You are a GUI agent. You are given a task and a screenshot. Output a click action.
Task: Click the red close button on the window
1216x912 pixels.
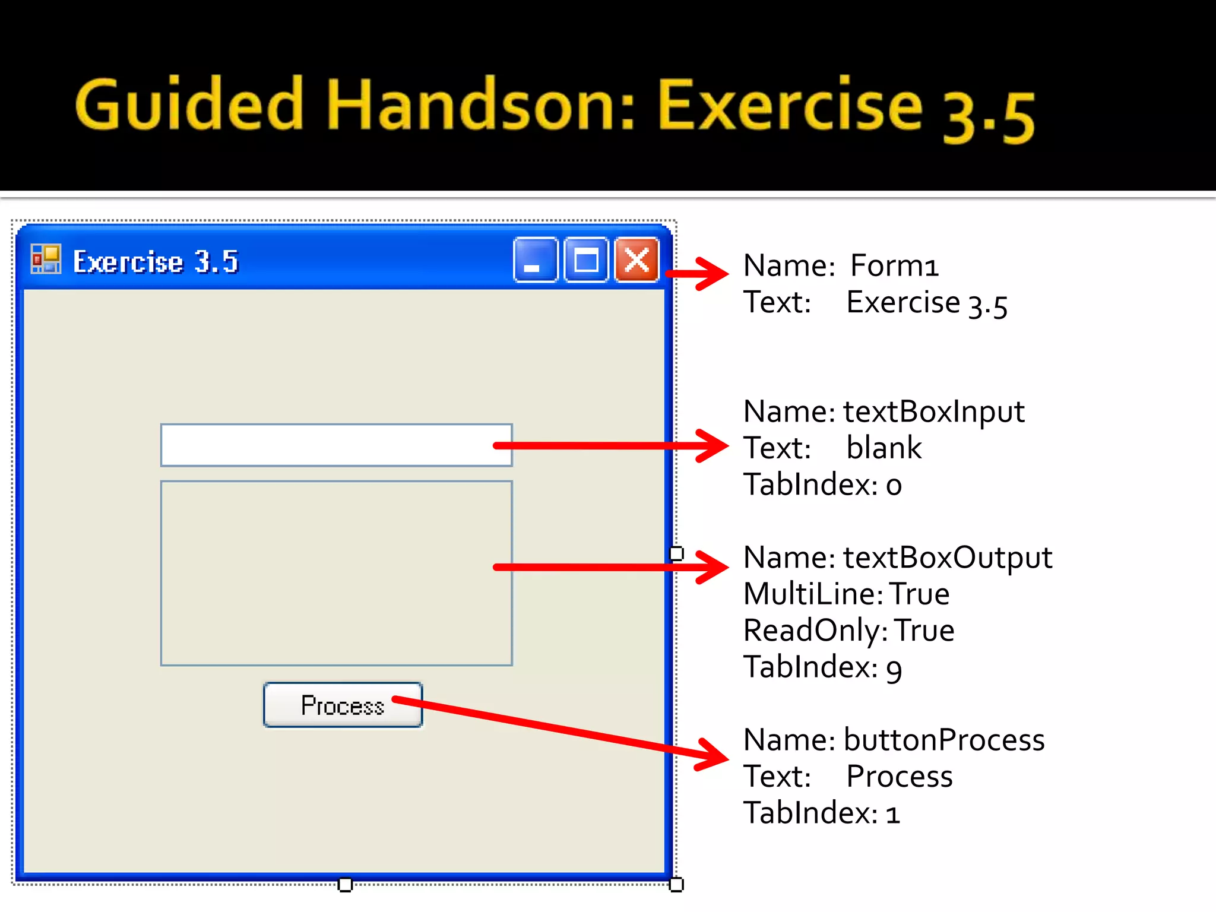(636, 260)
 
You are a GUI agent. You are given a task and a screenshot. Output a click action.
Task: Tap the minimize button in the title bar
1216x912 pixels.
(536, 260)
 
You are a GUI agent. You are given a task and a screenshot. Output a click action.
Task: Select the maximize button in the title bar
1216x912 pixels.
(586, 260)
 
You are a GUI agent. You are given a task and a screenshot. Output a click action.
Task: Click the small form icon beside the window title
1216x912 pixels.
(46, 259)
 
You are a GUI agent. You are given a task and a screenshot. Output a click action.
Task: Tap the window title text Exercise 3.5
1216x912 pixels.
(156, 262)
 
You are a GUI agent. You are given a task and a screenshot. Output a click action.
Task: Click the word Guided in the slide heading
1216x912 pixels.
(189, 106)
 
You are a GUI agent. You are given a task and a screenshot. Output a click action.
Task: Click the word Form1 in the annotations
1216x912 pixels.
(894, 265)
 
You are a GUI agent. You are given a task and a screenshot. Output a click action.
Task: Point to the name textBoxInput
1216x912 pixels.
(933, 411)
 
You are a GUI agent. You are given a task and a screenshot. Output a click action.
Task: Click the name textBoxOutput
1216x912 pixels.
(947, 558)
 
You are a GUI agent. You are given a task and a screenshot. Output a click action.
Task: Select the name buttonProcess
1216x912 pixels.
(944, 740)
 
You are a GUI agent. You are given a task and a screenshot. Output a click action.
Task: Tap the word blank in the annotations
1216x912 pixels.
(883, 448)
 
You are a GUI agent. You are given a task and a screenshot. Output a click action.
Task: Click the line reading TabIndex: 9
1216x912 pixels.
(822, 667)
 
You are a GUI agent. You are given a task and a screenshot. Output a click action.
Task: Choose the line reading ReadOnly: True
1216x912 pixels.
(848, 631)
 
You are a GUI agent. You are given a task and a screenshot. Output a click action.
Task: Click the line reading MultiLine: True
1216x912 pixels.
(846, 594)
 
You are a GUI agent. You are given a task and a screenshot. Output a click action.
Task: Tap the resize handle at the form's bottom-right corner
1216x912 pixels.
(676, 885)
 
